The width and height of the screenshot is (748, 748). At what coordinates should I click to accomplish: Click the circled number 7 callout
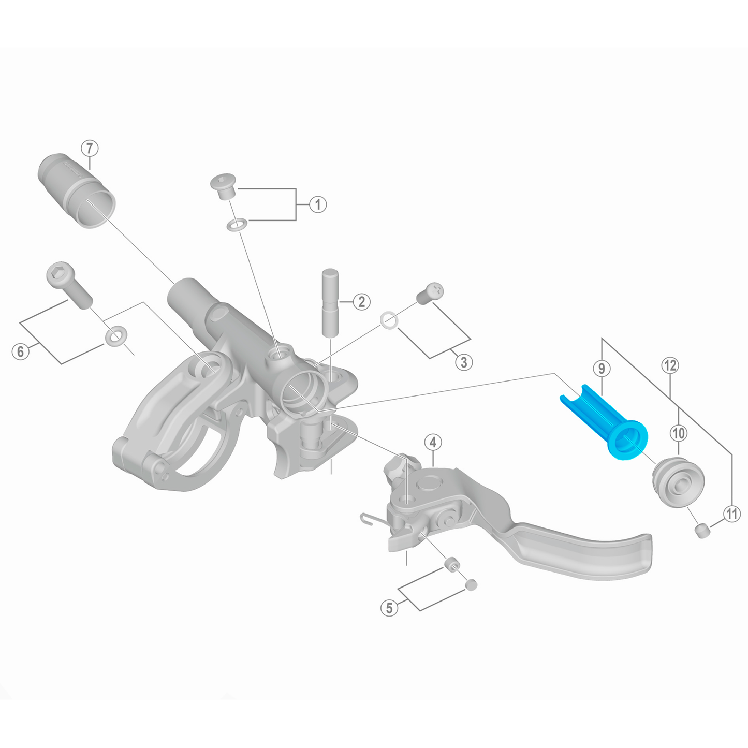coord(90,149)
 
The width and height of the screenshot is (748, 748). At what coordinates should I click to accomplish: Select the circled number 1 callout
coord(318,204)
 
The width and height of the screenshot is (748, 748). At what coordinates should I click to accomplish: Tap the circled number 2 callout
coord(361,301)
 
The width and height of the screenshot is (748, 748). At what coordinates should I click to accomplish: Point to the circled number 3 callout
coord(463,362)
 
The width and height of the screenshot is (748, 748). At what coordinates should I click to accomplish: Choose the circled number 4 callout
coord(433,443)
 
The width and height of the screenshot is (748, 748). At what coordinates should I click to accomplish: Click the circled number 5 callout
coord(390,607)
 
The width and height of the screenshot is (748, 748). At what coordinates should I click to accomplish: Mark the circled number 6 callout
coord(21,352)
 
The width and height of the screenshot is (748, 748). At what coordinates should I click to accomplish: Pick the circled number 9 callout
coord(601,369)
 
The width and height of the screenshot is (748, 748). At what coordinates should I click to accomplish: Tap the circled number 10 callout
coord(678,433)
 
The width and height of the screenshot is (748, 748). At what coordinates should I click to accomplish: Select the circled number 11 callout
coord(731,514)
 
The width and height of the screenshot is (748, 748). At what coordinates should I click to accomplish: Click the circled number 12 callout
coord(669,365)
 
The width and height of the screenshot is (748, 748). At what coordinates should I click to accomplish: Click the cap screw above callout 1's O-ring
coord(223,186)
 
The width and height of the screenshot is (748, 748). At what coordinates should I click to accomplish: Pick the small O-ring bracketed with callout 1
coord(236,225)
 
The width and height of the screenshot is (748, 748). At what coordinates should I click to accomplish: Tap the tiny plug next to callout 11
coord(702,531)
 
